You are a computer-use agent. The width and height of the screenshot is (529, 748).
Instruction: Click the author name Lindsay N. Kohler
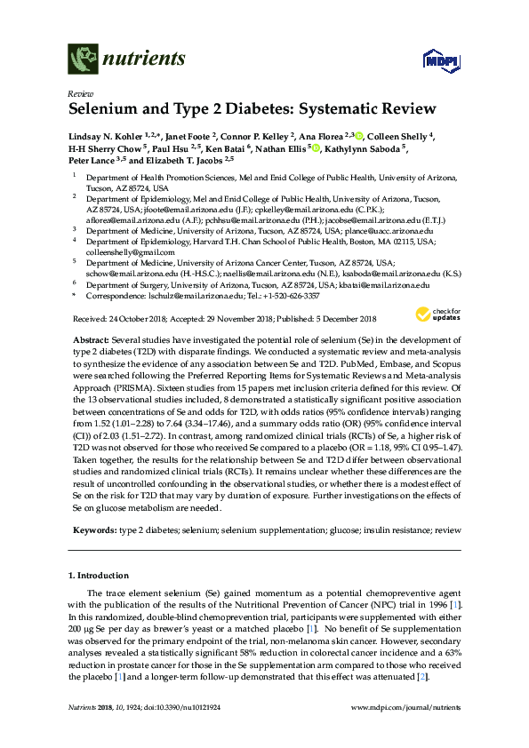(103, 136)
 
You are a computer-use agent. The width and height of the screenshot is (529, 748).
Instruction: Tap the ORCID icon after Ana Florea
(360, 136)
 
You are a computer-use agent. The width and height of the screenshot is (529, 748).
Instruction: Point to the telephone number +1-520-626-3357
(274, 298)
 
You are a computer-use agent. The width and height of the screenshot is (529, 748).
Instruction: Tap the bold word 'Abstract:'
(96, 341)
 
